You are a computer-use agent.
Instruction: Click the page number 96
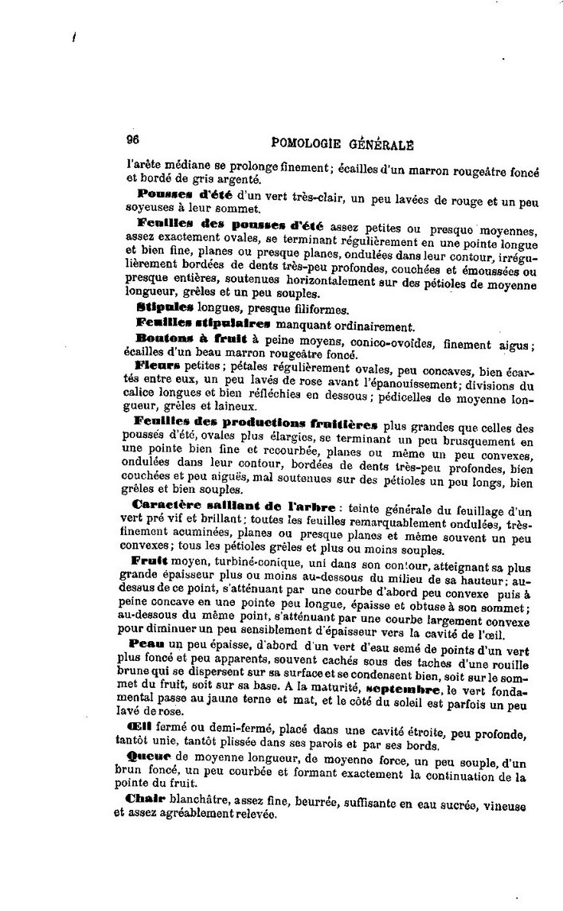click(133, 138)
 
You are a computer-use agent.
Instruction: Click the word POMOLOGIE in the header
click(307, 143)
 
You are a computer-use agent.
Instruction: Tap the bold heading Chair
click(147, 798)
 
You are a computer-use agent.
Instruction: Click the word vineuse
click(503, 805)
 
